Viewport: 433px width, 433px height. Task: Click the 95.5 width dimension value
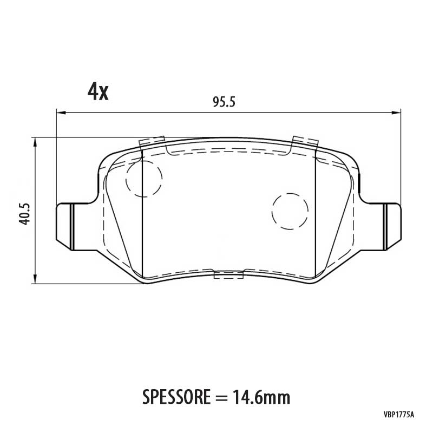click(224, 102)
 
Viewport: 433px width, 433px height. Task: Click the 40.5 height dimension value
click(25, 214)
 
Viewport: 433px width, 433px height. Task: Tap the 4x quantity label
click(98, 92)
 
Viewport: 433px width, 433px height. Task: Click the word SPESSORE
click(176, 397)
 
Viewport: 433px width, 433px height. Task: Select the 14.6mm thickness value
click(261, 397)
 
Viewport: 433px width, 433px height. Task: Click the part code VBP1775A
click(399, 422)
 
